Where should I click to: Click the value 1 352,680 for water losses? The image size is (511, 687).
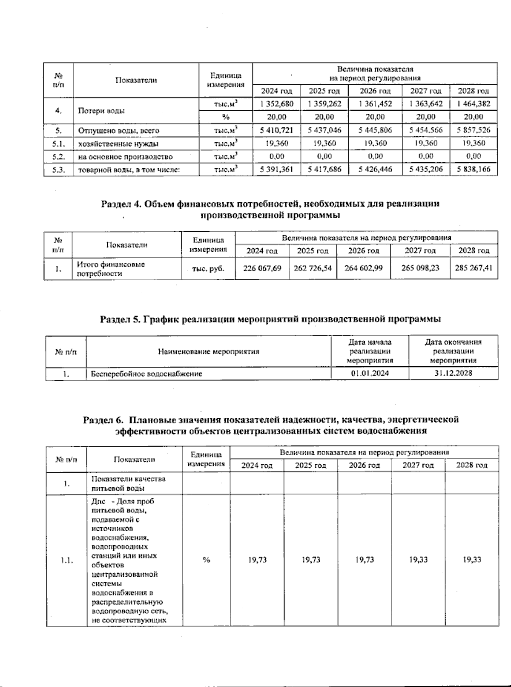(277, 103)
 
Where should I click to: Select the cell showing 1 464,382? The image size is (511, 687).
(473, 103)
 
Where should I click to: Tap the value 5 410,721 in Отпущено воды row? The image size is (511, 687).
(277, 130)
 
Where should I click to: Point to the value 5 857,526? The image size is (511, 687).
(473, 130)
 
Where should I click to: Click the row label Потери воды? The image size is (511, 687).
(101, 111)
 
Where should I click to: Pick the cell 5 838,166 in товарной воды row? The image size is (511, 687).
(473, 170)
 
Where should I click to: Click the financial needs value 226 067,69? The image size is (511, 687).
(262, 268)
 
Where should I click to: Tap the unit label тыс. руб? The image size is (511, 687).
(208, 269)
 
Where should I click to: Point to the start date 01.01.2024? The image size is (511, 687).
(370, 374)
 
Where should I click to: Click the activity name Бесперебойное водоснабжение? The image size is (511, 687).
(146, 374)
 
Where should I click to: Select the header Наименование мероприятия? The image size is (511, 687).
(208, 352)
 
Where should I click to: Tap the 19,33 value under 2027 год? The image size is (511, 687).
(418, 560)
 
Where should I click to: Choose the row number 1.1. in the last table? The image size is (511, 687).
(66, 561)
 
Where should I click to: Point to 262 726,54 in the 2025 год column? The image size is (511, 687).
(313, 268)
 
